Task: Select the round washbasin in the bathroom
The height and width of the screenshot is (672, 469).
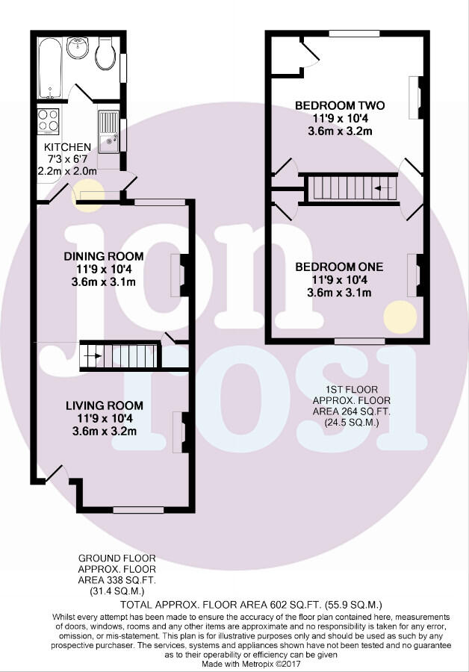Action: pyautogui.click(x=78, y=48)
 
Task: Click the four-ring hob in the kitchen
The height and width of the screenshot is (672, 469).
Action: pyautogui.click(x=49, y=121)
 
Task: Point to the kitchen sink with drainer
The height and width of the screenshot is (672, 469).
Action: pyautogui.click(x=109, y=131)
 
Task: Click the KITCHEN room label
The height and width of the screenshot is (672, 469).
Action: pyautogui.click(x=67, y=147)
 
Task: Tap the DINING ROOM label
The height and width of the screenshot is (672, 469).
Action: pyautogui.click(x=104, y=256)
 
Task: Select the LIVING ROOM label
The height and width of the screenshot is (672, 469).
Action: pyautogui.click(x=104, y=405)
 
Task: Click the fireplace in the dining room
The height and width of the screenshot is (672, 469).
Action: pyautogui.click(x=178, y=276)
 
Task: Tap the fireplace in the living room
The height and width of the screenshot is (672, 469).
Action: pyautogui.click(x=179, y=432)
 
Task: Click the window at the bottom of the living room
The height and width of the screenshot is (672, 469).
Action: pyautogui.click(x=138, y=510)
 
